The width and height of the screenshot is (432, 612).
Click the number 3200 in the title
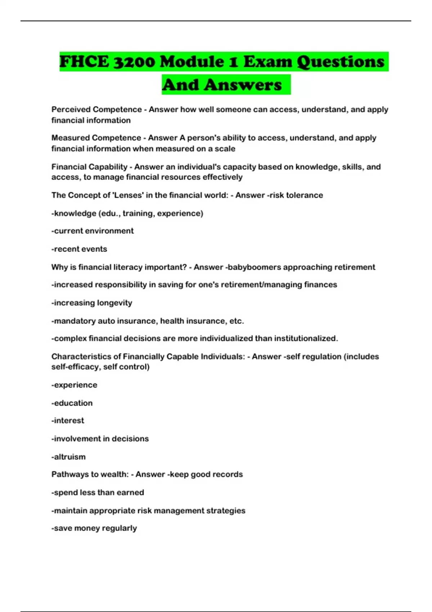point(134,62)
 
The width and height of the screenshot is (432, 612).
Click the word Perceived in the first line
point(71,109)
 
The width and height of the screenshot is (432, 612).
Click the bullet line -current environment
point(93,231)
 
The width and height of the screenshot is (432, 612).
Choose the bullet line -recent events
point(79,249)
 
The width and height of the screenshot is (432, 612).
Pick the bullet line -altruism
point(68,457)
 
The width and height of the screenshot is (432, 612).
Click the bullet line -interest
point(68,420)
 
